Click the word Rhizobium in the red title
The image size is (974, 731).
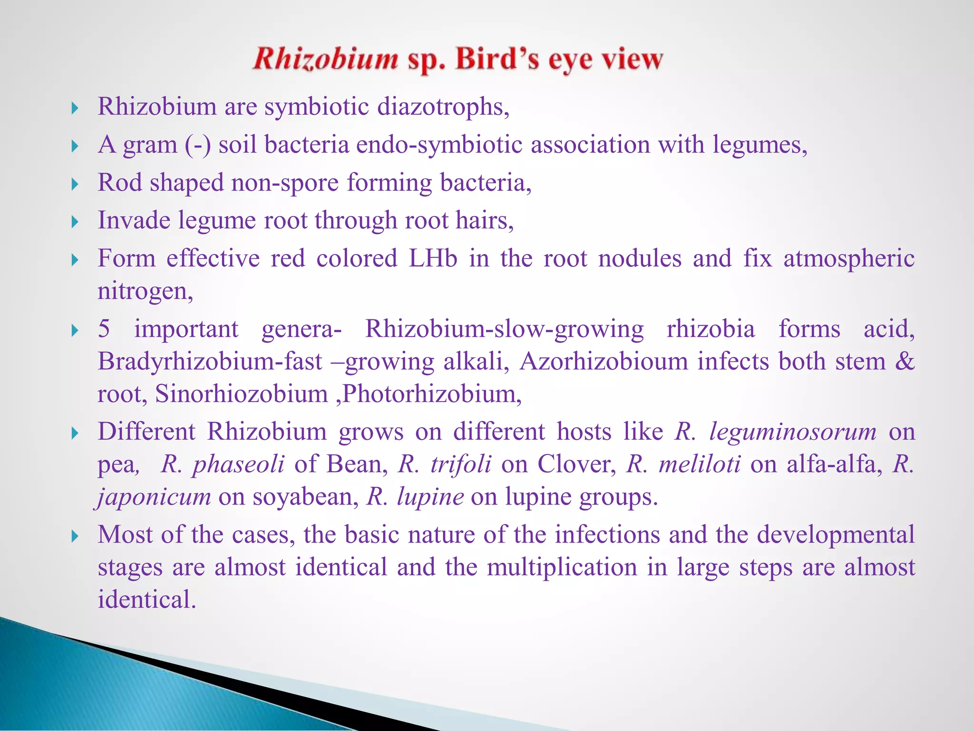[325, 60]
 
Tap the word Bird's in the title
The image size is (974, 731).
[497, 60]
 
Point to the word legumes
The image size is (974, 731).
[759, 145]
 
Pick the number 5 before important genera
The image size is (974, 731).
[104, 329]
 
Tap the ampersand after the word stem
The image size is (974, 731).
[904, 361]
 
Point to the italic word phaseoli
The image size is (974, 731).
[238, 464]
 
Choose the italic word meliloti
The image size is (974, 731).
[700, 464]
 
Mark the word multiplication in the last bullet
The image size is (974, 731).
[562, 567]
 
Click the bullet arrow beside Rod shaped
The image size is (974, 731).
[75, 184]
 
